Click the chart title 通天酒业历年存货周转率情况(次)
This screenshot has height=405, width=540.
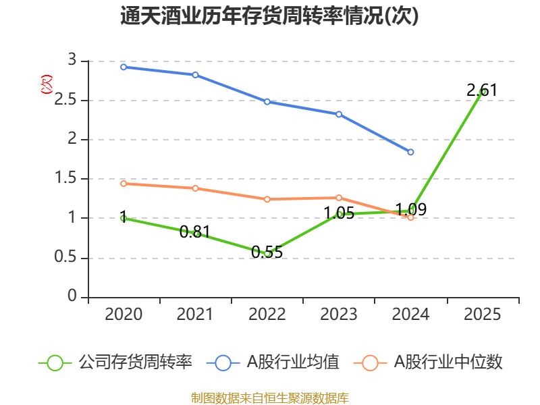click(269, 16)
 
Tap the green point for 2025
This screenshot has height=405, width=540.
click(483, 92)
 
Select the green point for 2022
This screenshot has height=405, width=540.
click(267, 254)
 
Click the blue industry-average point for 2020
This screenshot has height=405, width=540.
click(124, 67)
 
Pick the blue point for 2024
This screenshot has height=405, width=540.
click(410, 152)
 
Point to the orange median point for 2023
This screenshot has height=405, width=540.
click(339, 198)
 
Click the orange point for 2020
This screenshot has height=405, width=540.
click(124, 184)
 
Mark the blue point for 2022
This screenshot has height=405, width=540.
click(267, 102)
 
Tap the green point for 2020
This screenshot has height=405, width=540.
click(124, 218)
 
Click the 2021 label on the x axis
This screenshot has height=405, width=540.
click(195, 315)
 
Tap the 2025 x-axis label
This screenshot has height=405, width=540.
click(483, 315)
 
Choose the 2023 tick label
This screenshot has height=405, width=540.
click(339, 315)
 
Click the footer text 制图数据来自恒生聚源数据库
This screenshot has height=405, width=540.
click(269, 398)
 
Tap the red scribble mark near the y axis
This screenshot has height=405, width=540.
click(47, 84)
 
